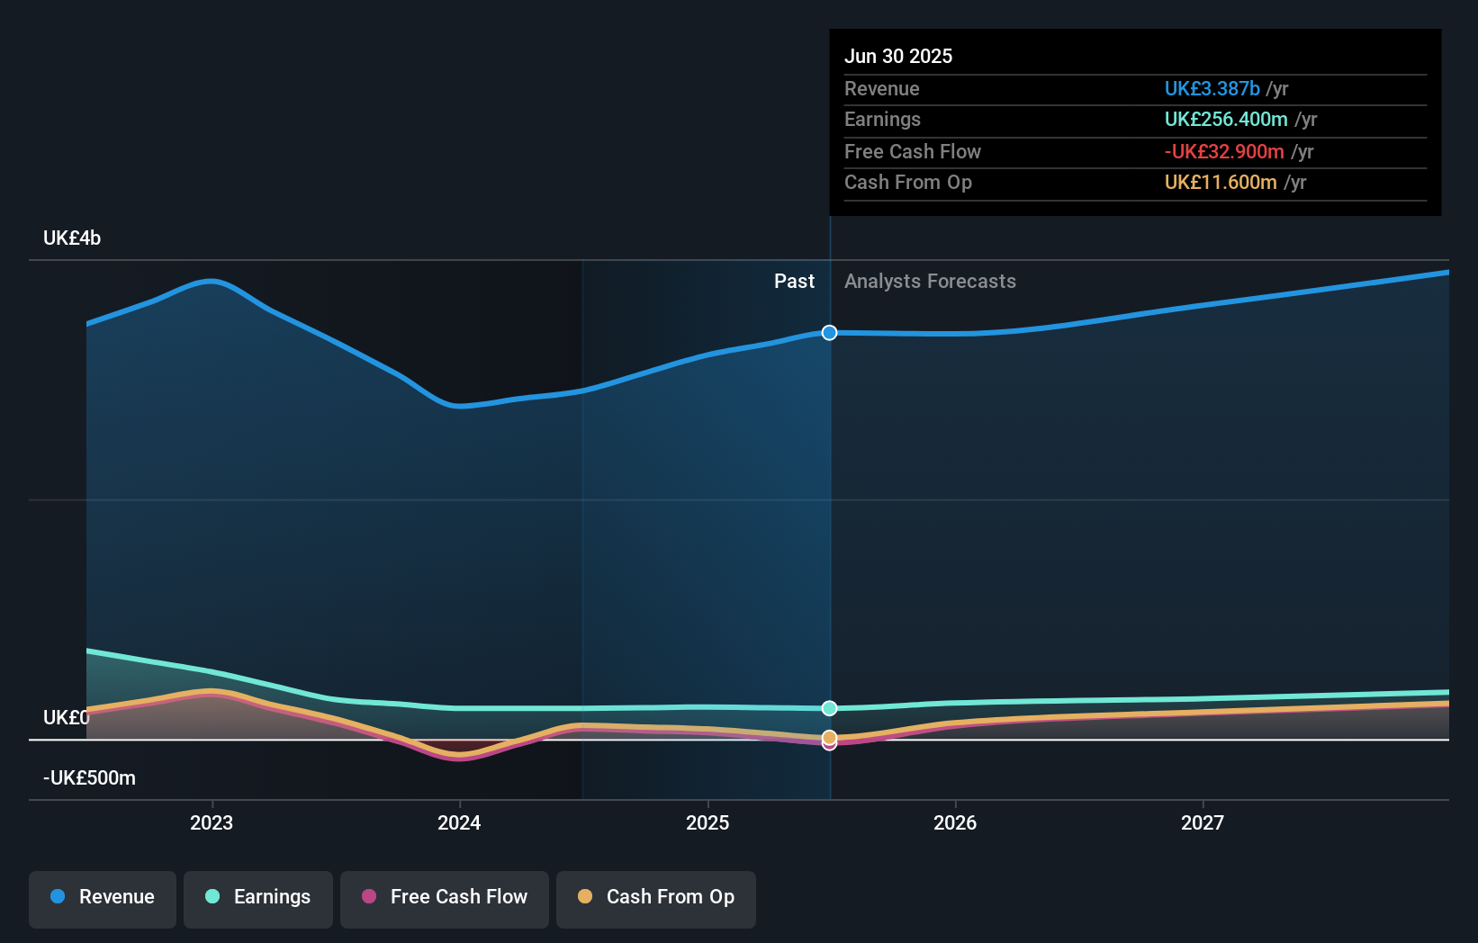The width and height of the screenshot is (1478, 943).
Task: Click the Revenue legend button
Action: click(103, 897)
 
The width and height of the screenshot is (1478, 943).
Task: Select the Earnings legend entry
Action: click(258, 897)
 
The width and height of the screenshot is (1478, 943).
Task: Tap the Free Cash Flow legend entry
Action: click(445, 897)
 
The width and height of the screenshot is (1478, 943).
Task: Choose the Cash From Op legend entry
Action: click(656, 897)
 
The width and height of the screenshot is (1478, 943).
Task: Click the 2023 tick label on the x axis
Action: click(212, 822)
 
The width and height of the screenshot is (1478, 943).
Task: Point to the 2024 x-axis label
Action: click(459, 822)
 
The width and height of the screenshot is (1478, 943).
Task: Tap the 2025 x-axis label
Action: click(707, 822)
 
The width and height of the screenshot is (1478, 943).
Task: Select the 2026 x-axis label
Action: click(955, 822)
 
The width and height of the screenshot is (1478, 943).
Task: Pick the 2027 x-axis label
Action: click(1203, 822)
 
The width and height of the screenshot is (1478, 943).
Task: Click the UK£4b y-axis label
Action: click(72, 238)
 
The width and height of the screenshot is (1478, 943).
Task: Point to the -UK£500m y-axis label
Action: click(89, 778)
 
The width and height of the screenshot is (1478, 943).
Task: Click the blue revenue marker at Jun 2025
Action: click(829, 333)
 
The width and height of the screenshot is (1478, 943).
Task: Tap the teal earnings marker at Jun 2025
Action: click(829, 708)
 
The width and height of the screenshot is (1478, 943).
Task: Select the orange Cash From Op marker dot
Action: click(829, 737)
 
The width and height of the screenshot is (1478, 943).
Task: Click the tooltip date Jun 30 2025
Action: click(897, 56)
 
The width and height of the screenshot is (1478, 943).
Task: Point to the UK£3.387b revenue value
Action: click(1212, 88)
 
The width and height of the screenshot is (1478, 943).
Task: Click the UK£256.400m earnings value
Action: click(1225, 119)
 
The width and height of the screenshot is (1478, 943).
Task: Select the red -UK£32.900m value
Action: click(1223, 151)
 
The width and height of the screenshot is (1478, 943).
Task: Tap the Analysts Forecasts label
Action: click(930, 282)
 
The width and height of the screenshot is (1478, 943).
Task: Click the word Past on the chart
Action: click(794, 282)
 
